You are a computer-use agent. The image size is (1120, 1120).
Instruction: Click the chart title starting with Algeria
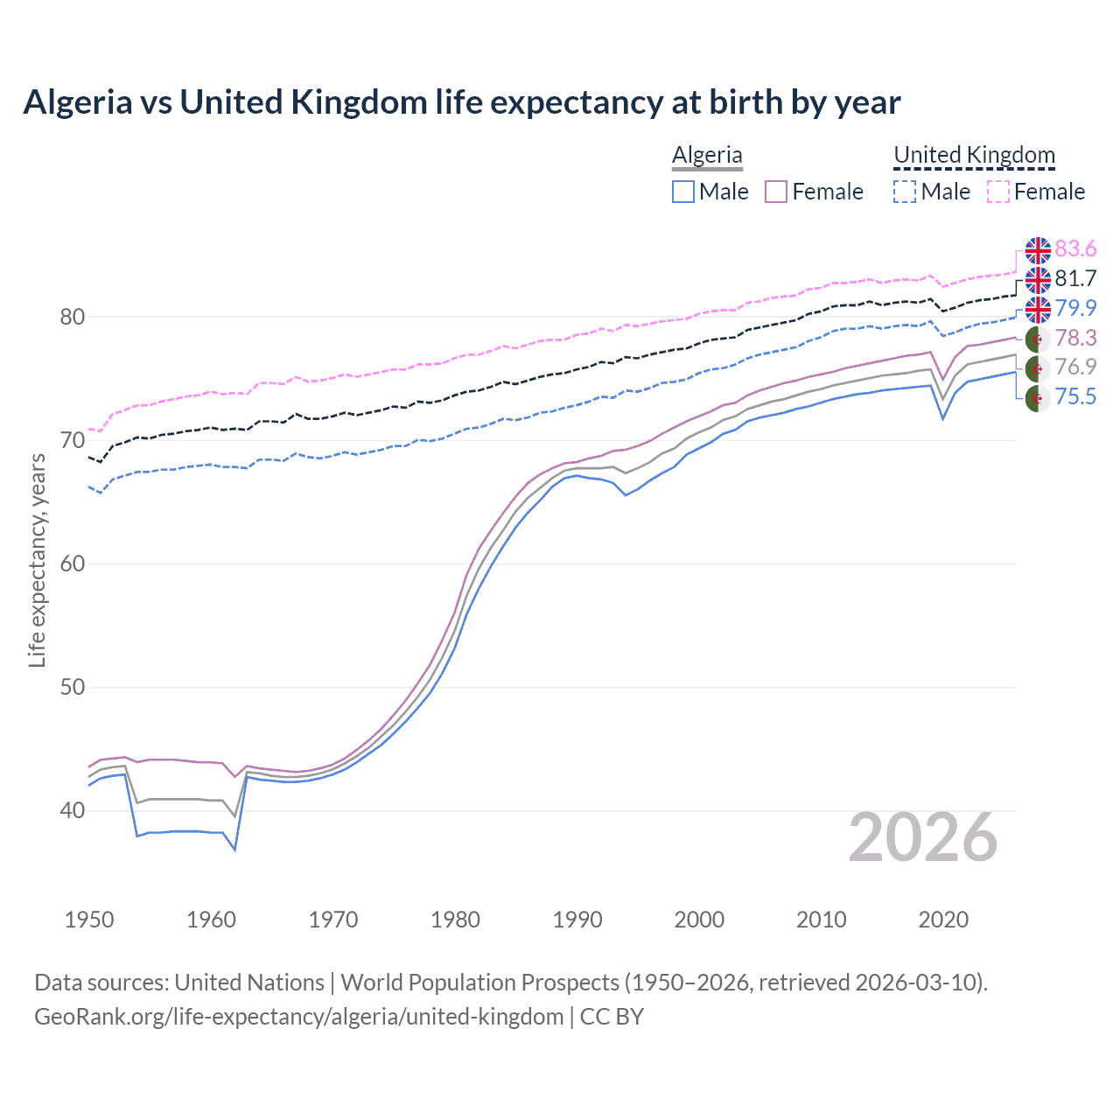pyautogui.click(x=461, y=102)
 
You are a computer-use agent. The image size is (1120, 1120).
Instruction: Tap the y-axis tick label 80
pyautogui.click(x=72, y=317)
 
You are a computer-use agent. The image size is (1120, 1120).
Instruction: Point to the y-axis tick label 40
pyautogui.click(x=72, y=810)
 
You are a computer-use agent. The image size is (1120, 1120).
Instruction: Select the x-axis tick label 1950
pyautogui.click(x=89, y=920)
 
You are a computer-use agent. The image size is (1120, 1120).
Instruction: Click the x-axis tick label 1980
pyautogui.click(x=455, y=920)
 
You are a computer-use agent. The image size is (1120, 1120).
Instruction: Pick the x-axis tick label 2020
pyautogui.click(x=943, y=920)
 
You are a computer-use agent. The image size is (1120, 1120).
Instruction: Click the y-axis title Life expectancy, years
pyautogui.click(x=37, y=560)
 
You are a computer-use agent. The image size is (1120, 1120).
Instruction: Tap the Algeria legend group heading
pyautogui.click(x=707, y=155)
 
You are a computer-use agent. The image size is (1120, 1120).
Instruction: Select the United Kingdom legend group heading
pyautogui.click(x=974, y=155)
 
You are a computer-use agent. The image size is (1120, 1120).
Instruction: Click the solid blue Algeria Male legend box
pyautogui.click(x=683, y=192)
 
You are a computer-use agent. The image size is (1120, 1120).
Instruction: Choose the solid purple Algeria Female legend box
pyautogui.click(x=776, y=192)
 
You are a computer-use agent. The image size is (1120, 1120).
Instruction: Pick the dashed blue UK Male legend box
pyautogui.click(x=905, y=192)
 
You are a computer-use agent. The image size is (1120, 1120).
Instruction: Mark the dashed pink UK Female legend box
pyautogui.click(x=998, y=192)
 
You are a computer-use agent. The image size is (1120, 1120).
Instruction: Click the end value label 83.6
pyautogui.click(x=1075, y=249)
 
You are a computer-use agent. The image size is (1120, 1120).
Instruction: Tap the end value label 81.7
pyautogui.click(x=1075, y=279)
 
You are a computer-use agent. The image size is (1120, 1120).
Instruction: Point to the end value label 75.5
pyautogui.click(x=1075, y=397)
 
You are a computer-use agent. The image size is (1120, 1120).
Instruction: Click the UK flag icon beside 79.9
pyautogui.click(x=1038, y=309)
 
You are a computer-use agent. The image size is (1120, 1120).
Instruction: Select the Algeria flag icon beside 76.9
pyautogui.click(x=1038, y=367)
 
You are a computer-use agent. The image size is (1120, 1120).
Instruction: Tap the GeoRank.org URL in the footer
pyautogui.click(x=298, y=1017)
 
